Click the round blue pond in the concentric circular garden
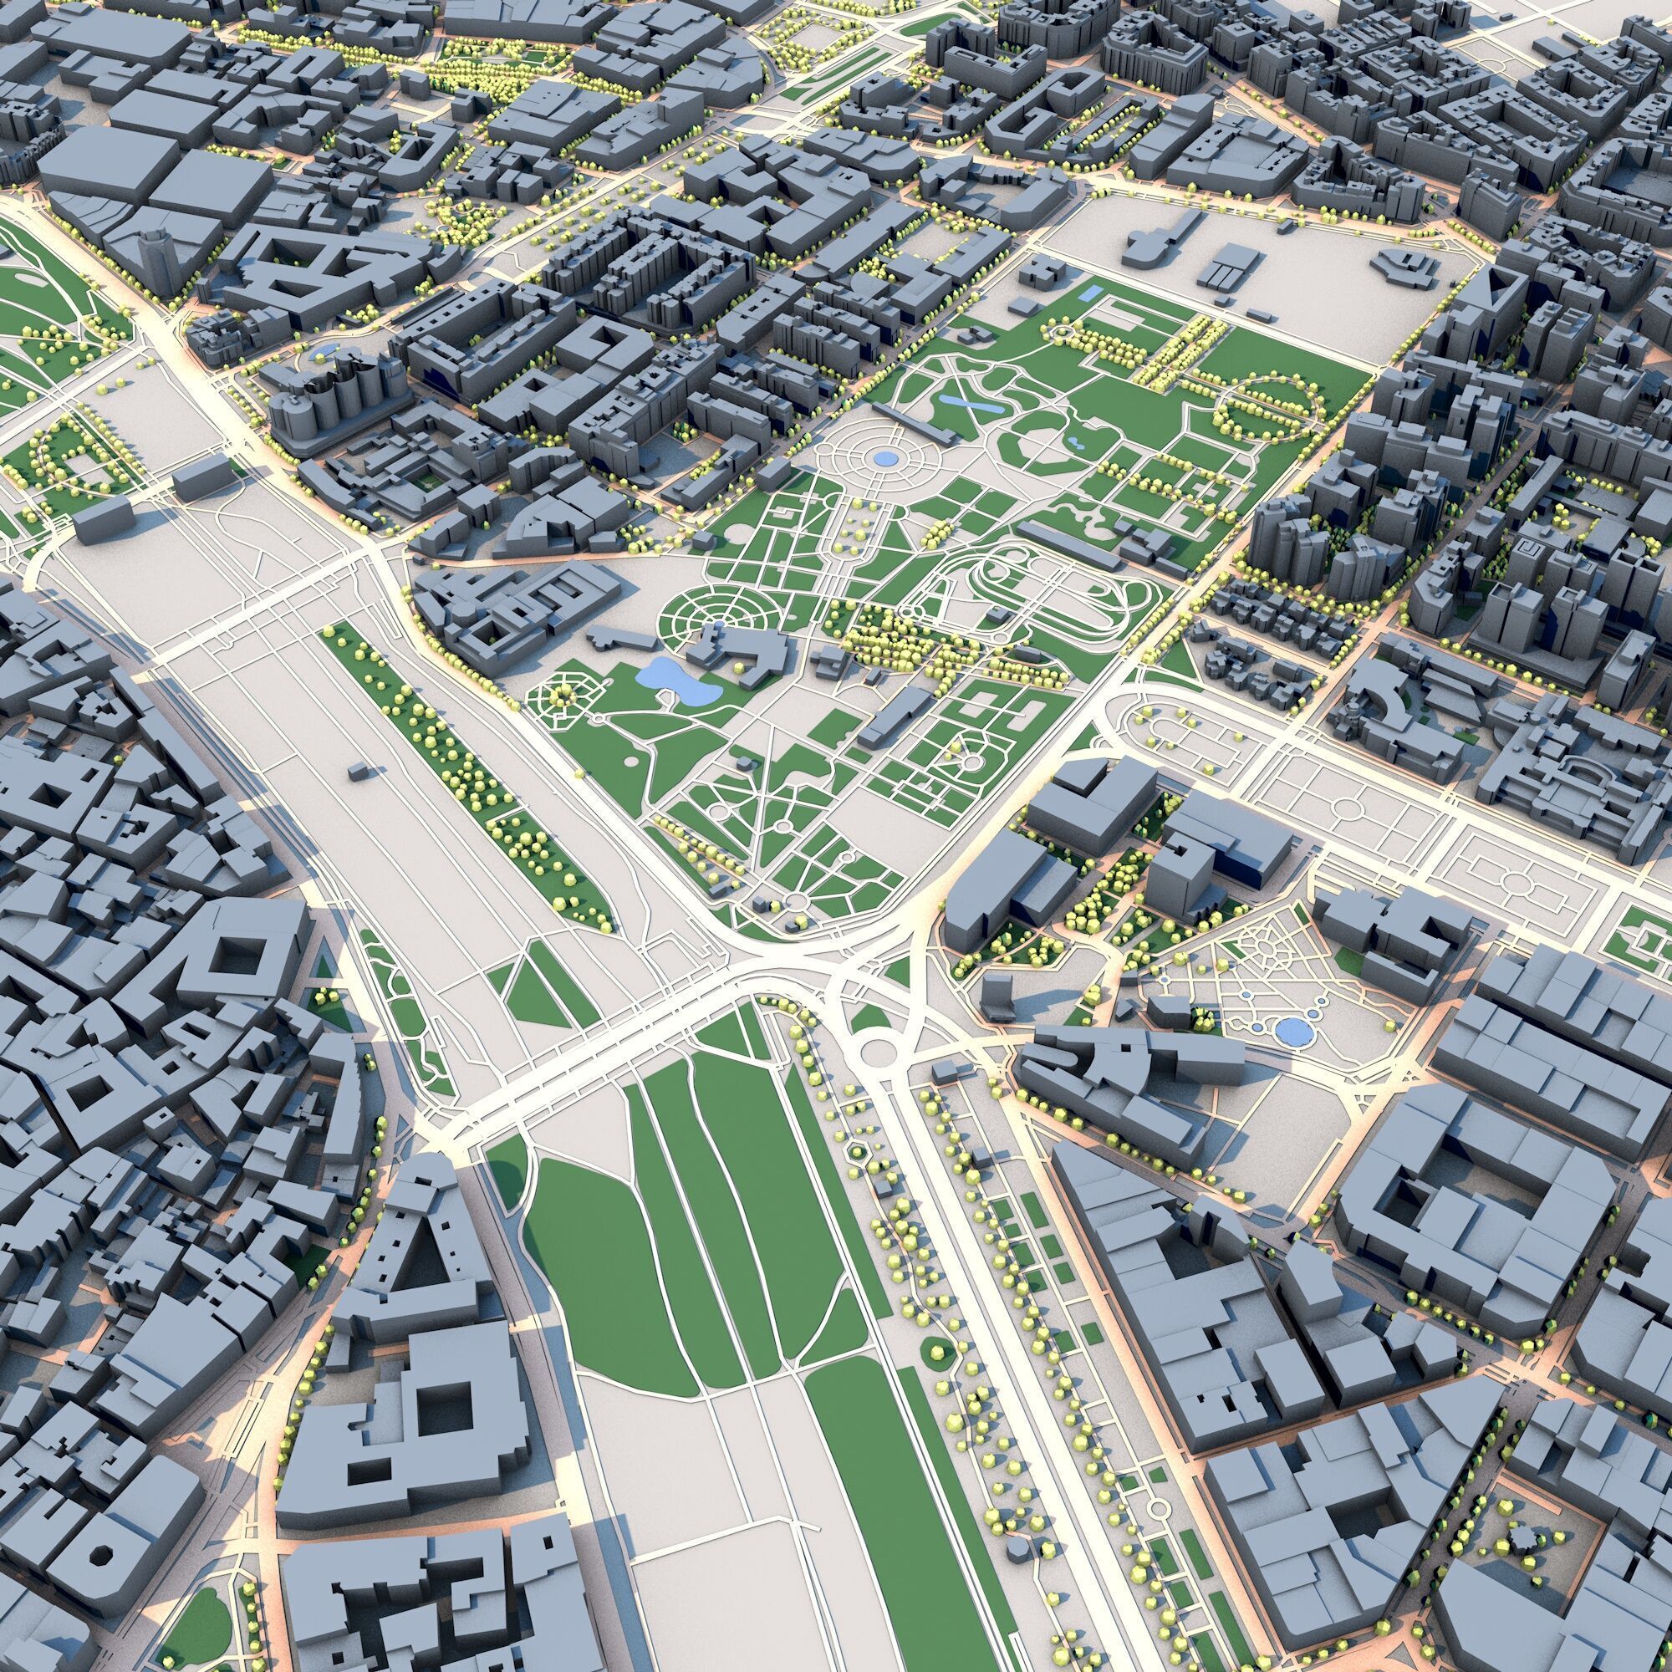pos(885,458)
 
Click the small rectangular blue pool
pos(1088,295)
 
